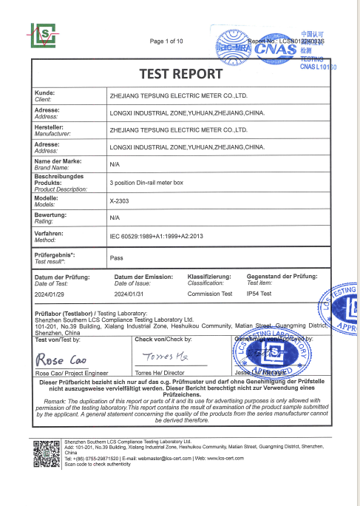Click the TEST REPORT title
point(180,75)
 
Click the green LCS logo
point(44,35)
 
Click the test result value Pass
point(116,260)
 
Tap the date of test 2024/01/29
point(51,294)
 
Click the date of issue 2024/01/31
point(130,294)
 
